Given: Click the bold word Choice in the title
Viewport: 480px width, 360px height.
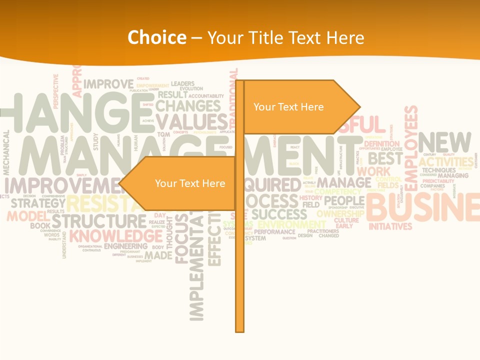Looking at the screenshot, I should [156, 37].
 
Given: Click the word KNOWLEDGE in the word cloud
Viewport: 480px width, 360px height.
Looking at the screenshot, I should [115, 235].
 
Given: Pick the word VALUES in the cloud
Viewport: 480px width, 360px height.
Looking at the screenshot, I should [191, 121].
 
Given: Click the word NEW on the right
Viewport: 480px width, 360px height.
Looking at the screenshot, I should [444, 142].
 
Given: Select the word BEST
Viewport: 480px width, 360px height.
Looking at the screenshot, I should [385, 158].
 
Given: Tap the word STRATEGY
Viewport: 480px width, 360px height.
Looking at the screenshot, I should [38, 203].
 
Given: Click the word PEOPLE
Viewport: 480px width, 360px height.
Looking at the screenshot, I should [344, 201].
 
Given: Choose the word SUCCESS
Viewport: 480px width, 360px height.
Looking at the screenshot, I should [279, 214].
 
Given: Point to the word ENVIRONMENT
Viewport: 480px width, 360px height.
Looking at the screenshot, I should [291, 224].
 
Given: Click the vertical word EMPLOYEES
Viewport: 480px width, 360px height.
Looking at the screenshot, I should [411, 147].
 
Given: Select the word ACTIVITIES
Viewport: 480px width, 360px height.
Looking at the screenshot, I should [446, 162].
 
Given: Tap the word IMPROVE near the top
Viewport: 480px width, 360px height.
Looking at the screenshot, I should [108, 84].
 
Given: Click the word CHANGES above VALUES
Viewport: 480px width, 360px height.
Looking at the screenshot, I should [187, 106].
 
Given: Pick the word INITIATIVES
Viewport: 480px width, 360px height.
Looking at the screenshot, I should [390, 226].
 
